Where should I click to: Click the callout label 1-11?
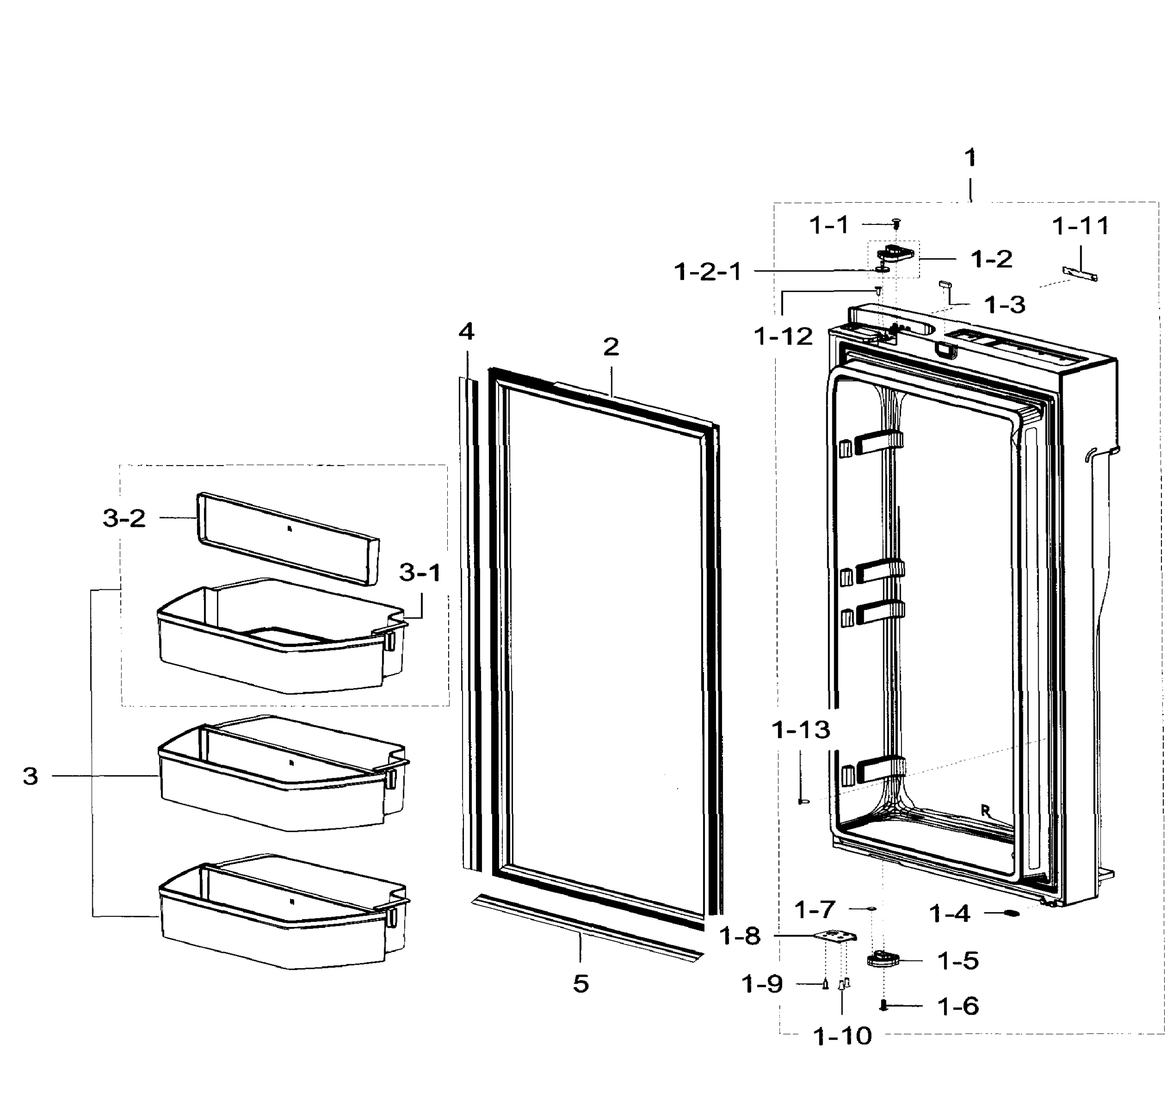1080,226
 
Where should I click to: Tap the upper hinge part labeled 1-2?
894,254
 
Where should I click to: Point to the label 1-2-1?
708,272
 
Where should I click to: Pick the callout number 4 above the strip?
467,332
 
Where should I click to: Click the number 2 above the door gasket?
611,347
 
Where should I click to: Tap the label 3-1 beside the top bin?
420,573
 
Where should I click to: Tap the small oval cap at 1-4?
1012,914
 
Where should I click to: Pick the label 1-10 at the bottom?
842,1037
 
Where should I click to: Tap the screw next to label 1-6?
884,1005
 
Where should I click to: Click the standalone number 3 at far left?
30,776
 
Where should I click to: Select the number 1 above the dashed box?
970,159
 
